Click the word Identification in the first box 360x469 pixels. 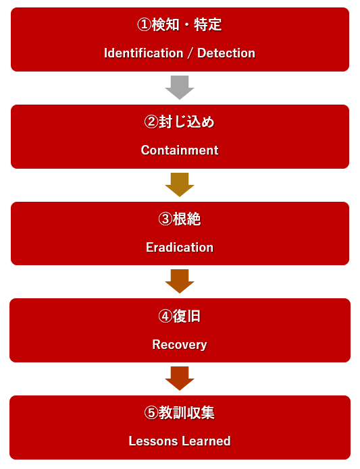[x=144, y=53]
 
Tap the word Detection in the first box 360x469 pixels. [x=226, y=53]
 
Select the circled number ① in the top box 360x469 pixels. [x=145, y=24]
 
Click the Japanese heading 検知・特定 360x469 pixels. [x=186, y=24]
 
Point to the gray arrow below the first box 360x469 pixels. [x=180, y=87]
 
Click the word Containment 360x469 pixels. [x=180, y=150]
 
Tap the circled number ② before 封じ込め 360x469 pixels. [x=151, y=121]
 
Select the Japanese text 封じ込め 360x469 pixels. [x=186, y=121]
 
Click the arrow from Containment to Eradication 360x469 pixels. [x=180, y=184]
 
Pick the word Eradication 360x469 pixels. [x=180, y=248]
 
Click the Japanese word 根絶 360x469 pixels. [x=186, y=219]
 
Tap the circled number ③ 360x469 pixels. [x=165, y=219]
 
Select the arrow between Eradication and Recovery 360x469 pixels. [x=180, y=281]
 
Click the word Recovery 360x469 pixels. [x=180, y=345]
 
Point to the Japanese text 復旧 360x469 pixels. [x=186, y=316]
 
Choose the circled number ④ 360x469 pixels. [x=165, y=316]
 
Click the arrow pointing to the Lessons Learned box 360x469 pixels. [x=180, y=379]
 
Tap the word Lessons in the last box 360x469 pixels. [x=153, y=441]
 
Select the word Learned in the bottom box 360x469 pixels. [x=206, y=441]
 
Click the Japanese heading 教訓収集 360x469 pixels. [x=186, y=413]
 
